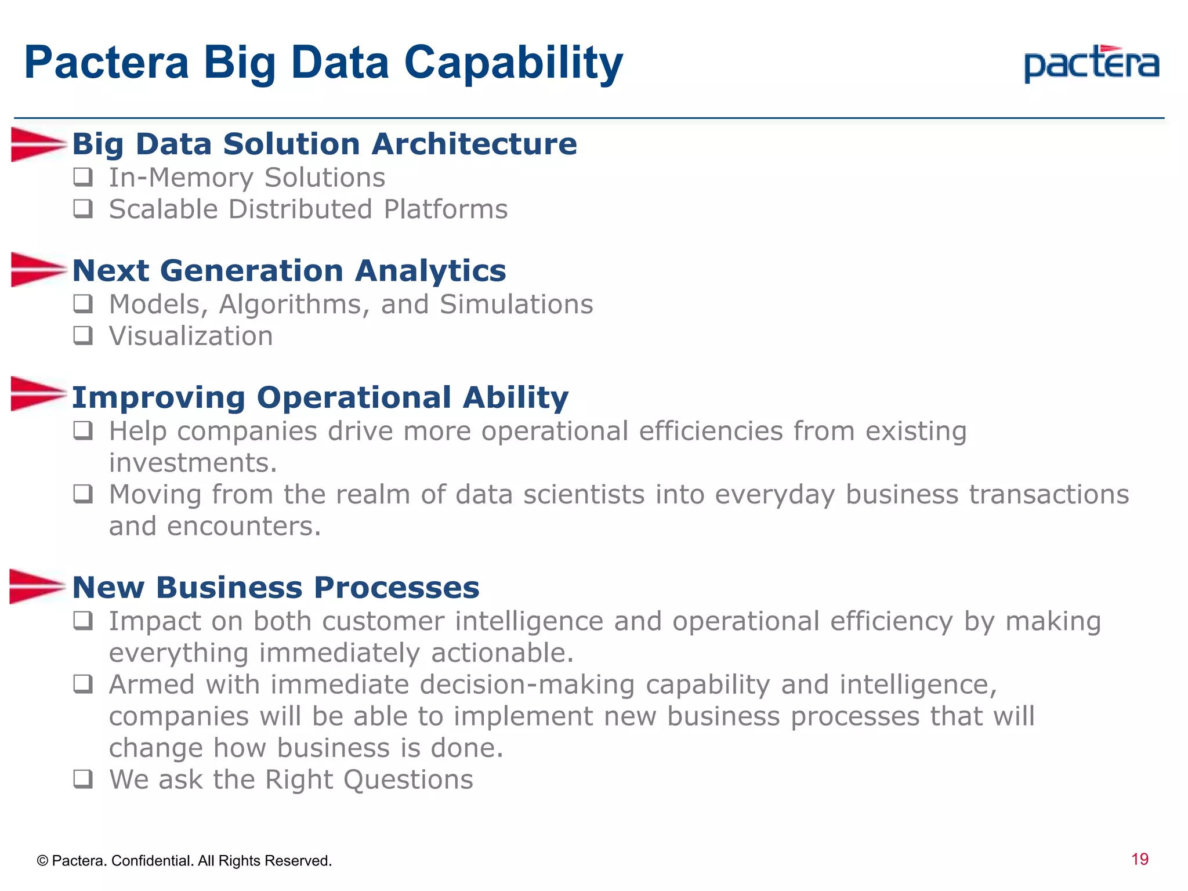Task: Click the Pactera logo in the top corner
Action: pyautogui.click(x=1091, y=64)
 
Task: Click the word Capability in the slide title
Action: pyautogui.click(x=513, y=63)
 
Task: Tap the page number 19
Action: pyautogui.click(x=1139, y=859)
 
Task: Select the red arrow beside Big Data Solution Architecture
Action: pyautogui.click(x=37, y=144)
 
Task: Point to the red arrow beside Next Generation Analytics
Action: pyautogui.click(x=37, y=270)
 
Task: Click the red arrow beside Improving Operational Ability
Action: pyautogui.click(x=37, y=394)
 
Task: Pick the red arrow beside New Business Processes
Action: pyautogui.click(x=36, y=586)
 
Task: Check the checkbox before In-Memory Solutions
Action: pyautogui.click(x=83, y=177)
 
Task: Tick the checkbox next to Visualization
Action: pyautogui.click(x=83, y=335)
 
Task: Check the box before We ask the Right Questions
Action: pyautogui.click(x=83, y=778)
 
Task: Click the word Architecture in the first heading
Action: pyautogui.click(x=474, y=144)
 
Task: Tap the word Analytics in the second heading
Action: pyautogui.click(x=430, y=271)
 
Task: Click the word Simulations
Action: pyautogui.click(x=516, y=305)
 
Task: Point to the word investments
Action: pyautogui.click(x=193, y=463)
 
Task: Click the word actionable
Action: pyautogui.click(x=502, y=653)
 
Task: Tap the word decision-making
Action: pyautogui.click(x=527, y=685)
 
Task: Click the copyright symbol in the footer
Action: pyautogui.click(x=42, y=861)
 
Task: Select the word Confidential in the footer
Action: pyautogui.click(x=152, y=861)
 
